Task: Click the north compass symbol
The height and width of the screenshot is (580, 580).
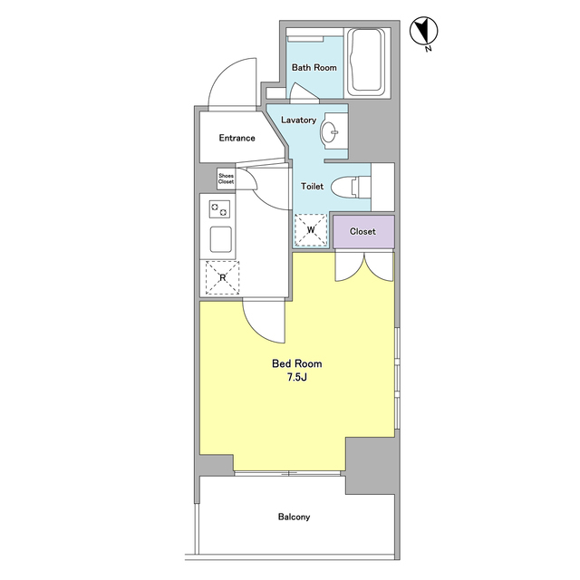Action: (424, 31)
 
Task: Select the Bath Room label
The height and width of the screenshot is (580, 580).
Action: (314, 68)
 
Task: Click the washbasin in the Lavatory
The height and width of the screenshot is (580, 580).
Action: (329, 130)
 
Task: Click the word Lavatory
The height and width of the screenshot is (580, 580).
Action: (298, 120)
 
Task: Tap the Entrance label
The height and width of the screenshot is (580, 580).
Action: (237, 138)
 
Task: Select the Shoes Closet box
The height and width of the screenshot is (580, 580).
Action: (226, 179)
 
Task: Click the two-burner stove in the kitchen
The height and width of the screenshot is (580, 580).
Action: (219, 209)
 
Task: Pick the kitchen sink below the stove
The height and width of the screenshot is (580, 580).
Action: (221, 239)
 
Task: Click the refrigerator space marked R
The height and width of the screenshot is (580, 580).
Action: (222, 278)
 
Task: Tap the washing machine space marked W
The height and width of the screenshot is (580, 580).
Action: (311, 230)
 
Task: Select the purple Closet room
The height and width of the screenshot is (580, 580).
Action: (363, 232)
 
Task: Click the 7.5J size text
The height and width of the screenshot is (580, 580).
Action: (297, 378)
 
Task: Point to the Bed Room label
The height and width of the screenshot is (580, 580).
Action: (296, 363)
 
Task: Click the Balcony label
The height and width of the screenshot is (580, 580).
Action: (294, 517)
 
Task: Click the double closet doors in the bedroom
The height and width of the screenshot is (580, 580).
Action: (364, 267)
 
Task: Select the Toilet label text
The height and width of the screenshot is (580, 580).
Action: (312, 187)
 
